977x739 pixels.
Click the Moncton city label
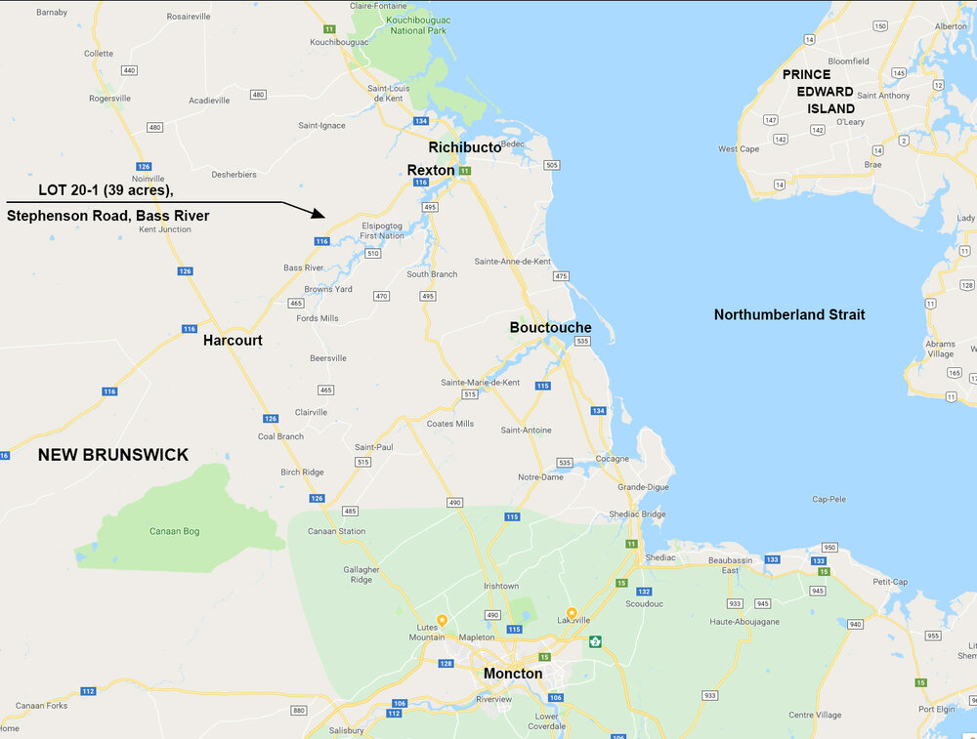coord(513,674)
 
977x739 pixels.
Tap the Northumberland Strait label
coord(789,314)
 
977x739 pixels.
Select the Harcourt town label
coord(233,341)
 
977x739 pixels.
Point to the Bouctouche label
coord(550,328)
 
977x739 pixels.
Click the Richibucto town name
coord(464,147)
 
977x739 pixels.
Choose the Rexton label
coord(431,170)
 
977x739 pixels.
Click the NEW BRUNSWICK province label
coord(113,455)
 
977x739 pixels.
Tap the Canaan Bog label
coord(174,531)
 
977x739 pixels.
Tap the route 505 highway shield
coord(552,165)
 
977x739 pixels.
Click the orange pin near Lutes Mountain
coord(442,620)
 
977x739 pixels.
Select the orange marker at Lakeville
coord(572,613)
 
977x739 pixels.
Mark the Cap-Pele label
coord(828,499)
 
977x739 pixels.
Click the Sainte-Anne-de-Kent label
coord(512,262)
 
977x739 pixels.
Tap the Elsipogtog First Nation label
coord(382,229)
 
